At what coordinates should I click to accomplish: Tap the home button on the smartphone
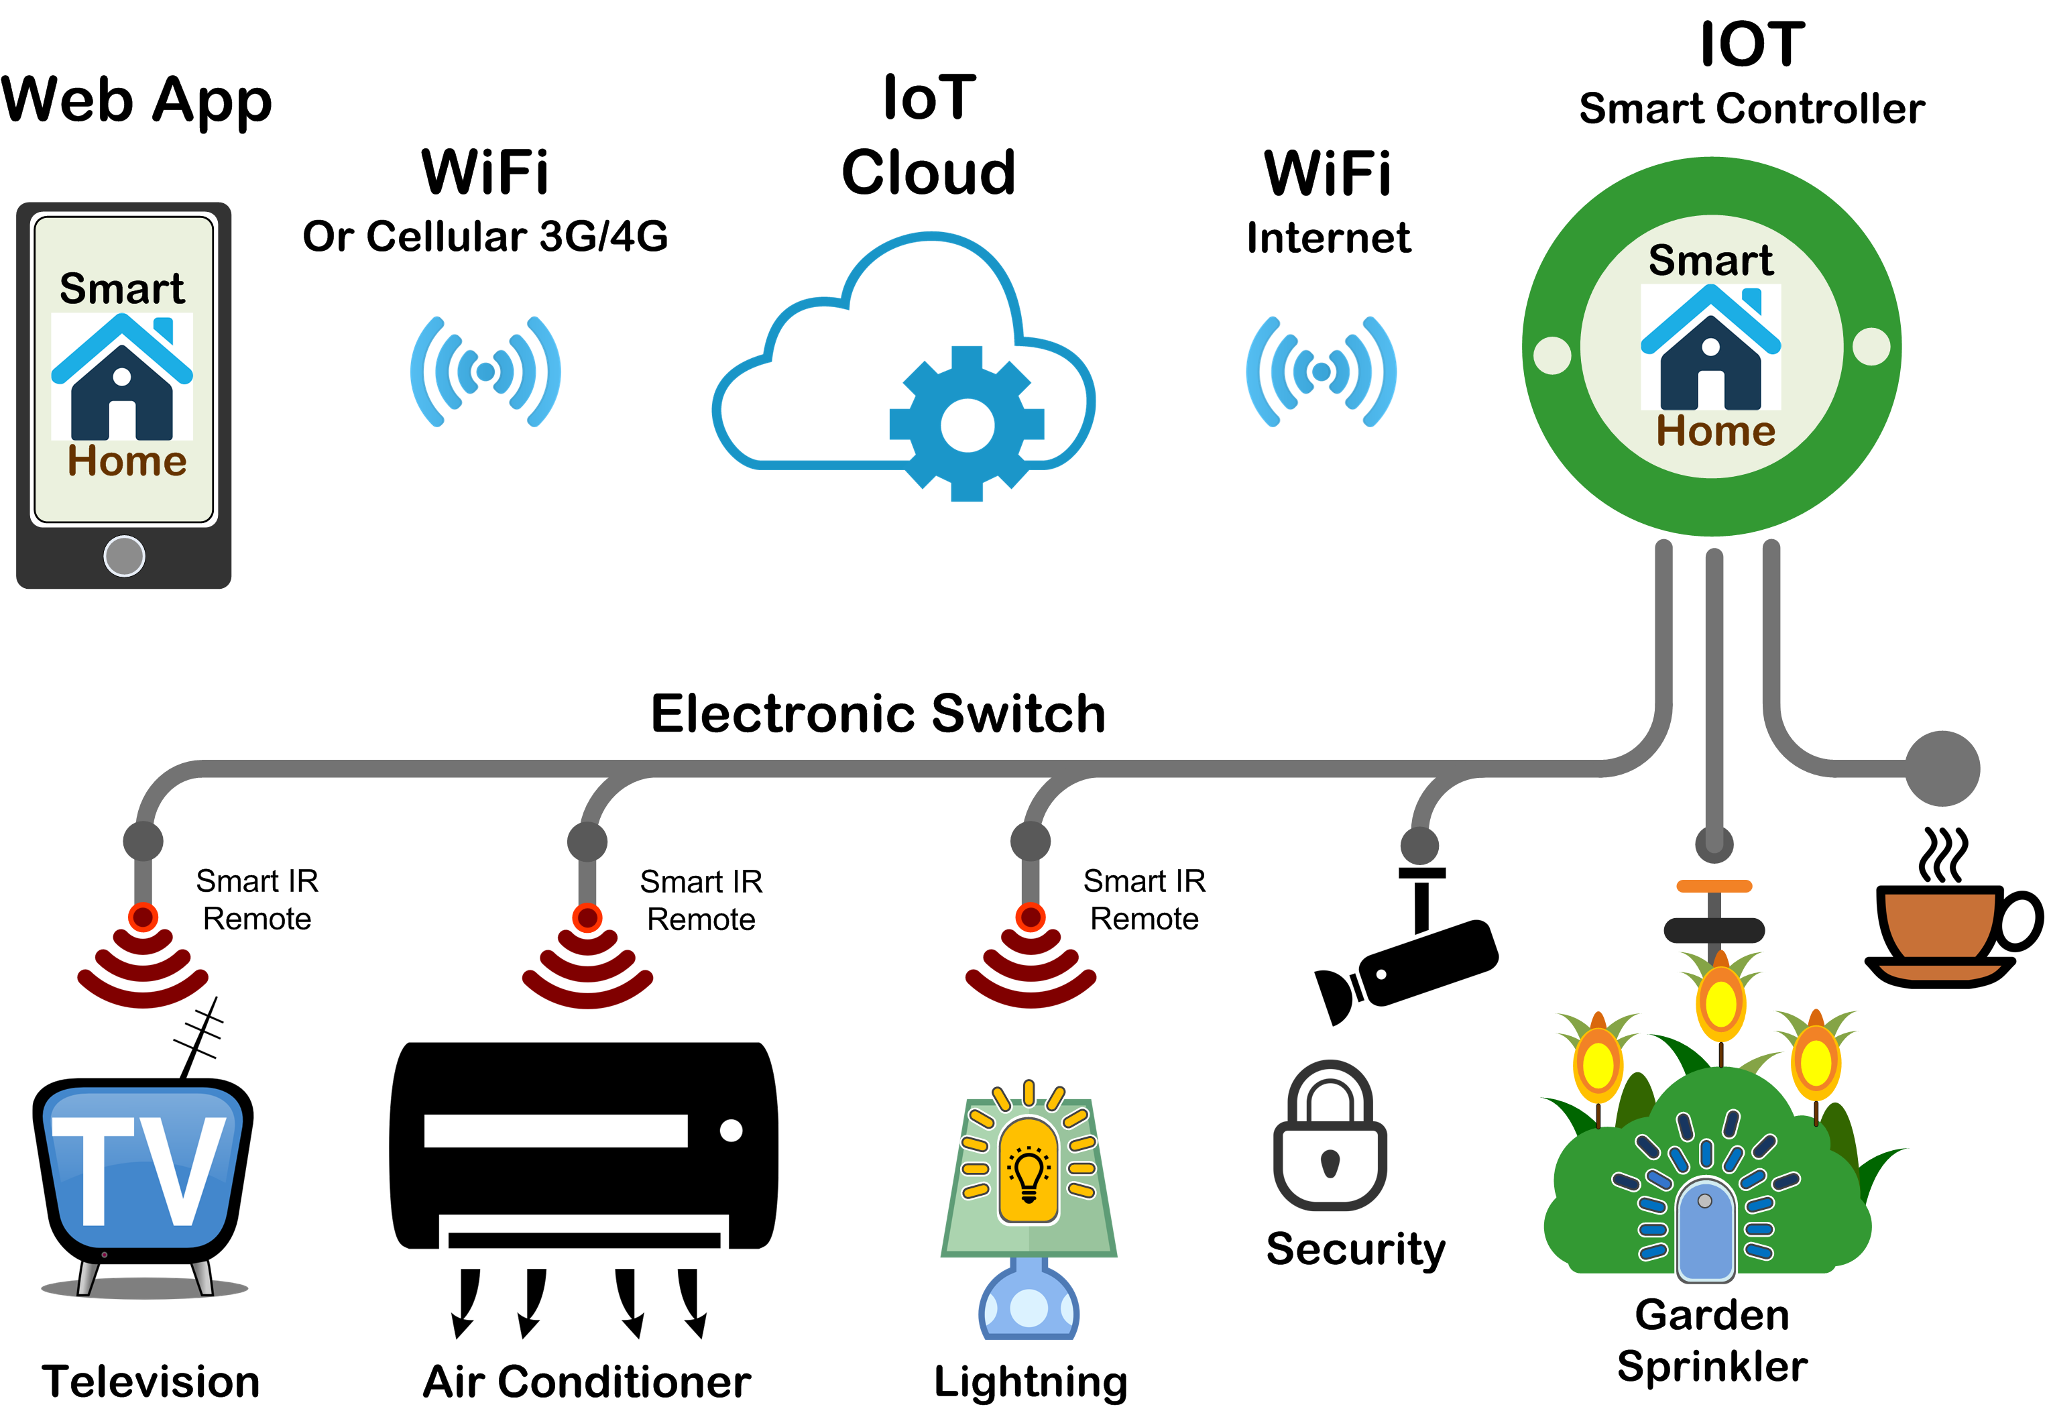[124, 556]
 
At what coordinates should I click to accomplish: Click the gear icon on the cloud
[967, 425]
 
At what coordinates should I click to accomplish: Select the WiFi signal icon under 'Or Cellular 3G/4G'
[485, 372]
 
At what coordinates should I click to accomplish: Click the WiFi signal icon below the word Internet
[1322, 372]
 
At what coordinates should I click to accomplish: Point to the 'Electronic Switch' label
[878, 714]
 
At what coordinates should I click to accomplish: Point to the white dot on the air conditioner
[731, 1130]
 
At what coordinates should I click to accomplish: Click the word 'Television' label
[150, 1381]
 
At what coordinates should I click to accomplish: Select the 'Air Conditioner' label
[587, 1381]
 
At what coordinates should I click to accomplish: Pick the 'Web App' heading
[137, 100]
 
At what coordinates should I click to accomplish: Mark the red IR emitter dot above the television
[143, 917]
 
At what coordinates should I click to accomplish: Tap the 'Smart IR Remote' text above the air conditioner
[701, 900]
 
